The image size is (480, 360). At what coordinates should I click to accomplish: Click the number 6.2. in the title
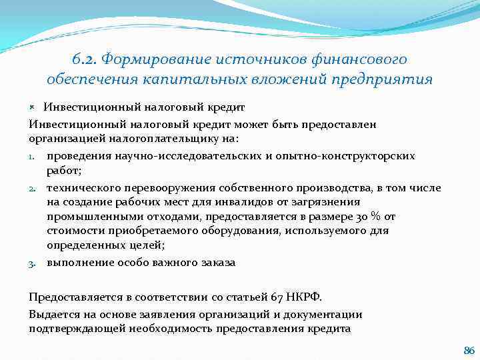84,59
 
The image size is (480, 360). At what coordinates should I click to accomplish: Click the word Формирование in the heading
153,59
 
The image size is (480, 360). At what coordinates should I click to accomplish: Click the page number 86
468,350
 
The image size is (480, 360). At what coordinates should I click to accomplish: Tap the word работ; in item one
64,171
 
